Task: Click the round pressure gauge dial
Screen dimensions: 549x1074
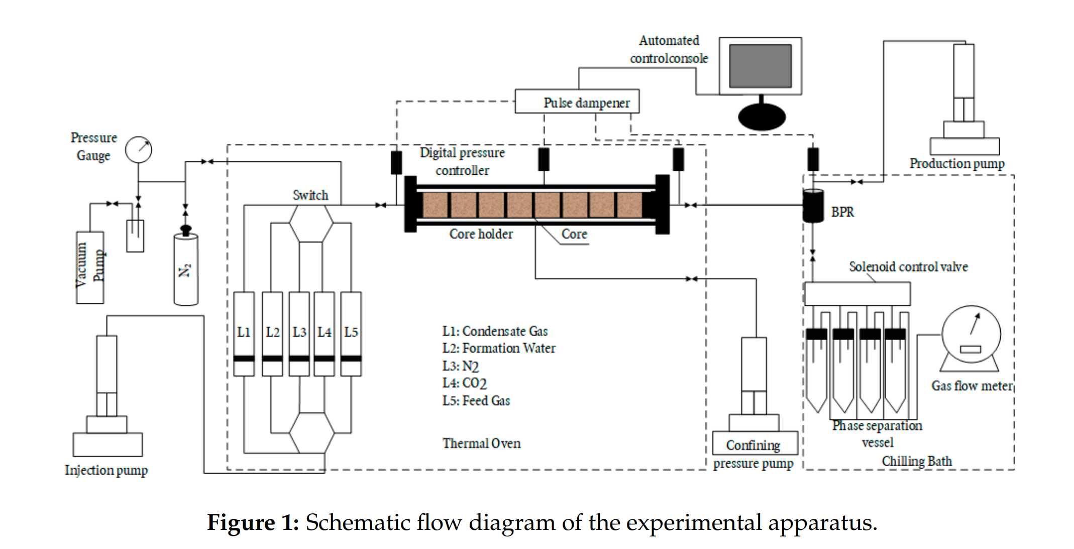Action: coord(138,150)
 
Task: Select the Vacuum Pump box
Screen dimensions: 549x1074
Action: coord(90,267)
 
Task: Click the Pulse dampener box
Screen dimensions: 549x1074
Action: coord(577,102)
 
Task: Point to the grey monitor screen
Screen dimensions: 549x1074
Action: coord(760,66)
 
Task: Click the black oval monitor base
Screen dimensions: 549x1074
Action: coord(762,117)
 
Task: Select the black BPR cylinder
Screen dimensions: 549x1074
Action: coord(812,205)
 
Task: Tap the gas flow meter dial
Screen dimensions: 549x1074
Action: coord(971,334)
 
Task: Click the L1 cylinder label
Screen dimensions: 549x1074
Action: coord(244,332)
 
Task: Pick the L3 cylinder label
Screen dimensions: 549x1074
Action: coord(299,332)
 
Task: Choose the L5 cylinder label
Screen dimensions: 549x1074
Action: coord(351,332)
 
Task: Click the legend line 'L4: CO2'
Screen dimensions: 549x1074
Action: coord(464,383)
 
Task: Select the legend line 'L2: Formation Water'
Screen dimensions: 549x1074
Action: coord(498,348)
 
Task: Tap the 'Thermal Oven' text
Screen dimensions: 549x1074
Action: coord(481,444)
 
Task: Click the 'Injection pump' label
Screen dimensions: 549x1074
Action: coord(106,470)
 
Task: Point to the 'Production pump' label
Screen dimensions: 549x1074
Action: coord(956,163)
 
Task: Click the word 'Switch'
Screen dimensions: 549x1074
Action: coord(310,195)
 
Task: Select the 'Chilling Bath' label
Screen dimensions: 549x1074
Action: coord(916,461)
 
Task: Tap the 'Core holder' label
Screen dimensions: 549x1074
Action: coord(481,234)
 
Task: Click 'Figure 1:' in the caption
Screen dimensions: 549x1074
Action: coord(253,522)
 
